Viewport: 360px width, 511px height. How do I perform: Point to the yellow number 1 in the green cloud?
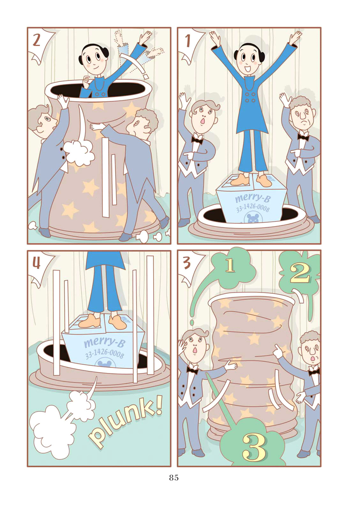point(230,267)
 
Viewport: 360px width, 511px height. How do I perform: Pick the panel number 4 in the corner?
point(36,264)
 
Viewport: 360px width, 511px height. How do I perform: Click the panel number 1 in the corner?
point(188,41)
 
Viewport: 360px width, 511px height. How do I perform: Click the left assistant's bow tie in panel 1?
point(197,139)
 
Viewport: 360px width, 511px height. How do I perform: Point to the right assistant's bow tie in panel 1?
point(303,137)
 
